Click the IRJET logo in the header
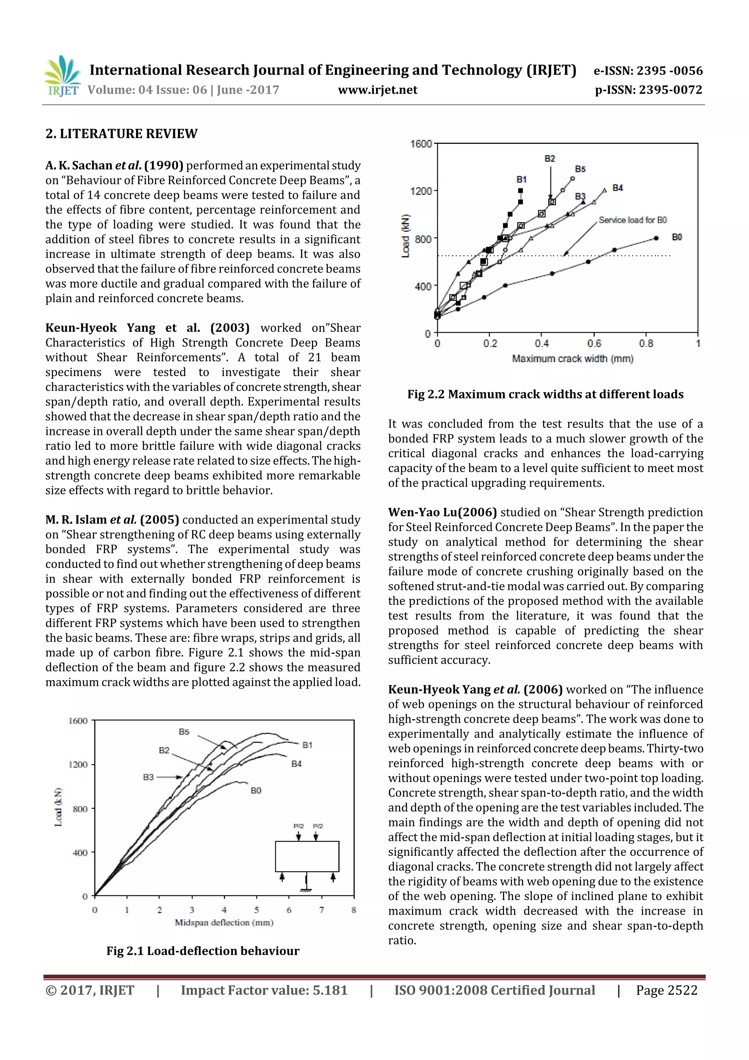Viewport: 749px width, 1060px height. pyautogui.click(x=62, y=76)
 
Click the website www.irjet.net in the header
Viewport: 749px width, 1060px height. pyautogui.click(x=377, y=90)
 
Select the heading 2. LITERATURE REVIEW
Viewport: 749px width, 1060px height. pyautogui.click(x=121, y=134)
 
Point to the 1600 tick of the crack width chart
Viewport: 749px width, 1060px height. pyautogui.click(x=421, y=144)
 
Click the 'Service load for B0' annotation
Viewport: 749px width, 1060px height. pyautogui.click(x=632, y=220)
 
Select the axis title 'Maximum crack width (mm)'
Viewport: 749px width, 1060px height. pyautogui.click(x=572, y=359)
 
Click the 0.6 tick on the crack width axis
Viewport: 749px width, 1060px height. pyautogui.click(x=594, y=344)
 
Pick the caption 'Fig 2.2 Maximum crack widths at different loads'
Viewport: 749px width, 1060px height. pyautogui.click(x=545, y=394)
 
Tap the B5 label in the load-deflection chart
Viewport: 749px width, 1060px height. pyautogui.click(x=184, y=732)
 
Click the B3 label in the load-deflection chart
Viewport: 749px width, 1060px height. pyautogui.click(x=148, y=777)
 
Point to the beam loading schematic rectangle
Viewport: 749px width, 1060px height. pyautogui.click(x=307, y=857)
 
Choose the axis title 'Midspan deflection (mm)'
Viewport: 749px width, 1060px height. pyautogui.click(x=224, y=922)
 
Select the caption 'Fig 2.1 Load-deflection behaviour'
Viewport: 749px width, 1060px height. pyautogui.click(x=203, y=951)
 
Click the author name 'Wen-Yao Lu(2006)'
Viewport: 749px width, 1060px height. pyautogui.click(x=442, y=513)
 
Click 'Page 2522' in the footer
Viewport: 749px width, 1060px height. pyautogui.click(x=666, y=990)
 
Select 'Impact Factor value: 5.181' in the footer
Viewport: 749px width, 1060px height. pyautogui.click(x=264, y=990)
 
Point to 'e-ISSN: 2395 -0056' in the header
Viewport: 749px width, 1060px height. pyautogui.click(x=648, y=71)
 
